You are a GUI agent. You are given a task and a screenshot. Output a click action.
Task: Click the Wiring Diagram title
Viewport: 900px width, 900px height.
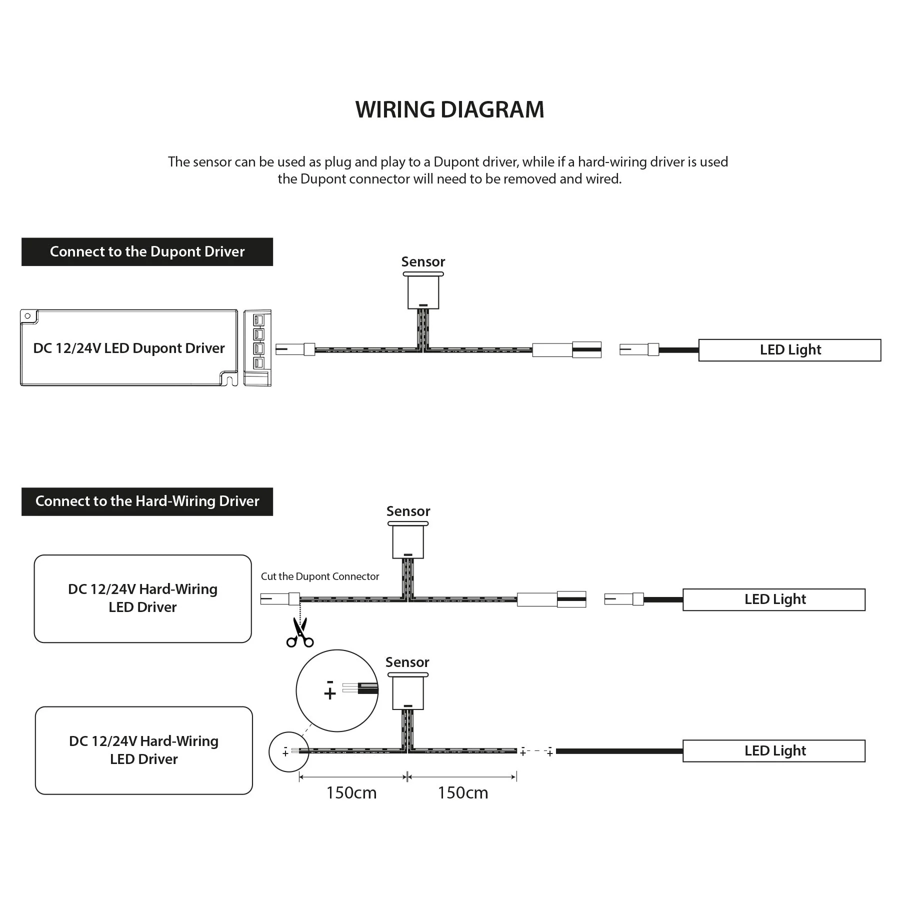pos(449,109)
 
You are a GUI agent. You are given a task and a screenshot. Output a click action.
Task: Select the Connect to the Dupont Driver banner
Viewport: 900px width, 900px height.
pos(147,251)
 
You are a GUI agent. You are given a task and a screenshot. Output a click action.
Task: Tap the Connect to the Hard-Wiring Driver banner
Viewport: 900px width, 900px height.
pos(147,501)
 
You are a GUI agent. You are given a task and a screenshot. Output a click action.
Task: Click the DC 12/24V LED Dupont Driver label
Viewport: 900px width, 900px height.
pos(129,348)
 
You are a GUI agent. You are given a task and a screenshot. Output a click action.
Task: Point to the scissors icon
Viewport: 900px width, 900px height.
pos(300,632)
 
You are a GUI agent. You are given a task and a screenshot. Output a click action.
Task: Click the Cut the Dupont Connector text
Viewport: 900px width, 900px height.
pos(320,576)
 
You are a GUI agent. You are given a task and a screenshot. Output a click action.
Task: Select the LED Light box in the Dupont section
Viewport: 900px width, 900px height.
pos(789,350)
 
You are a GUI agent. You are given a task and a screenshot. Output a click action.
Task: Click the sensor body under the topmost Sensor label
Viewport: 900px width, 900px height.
pos(423,292)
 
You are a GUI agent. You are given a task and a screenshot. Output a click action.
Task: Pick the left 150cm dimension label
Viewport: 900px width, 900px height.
pos(351,793)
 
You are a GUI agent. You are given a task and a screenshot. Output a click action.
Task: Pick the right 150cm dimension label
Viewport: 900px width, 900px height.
pos(463,793)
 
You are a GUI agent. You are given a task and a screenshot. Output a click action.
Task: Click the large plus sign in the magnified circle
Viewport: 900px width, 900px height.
pos(329,693)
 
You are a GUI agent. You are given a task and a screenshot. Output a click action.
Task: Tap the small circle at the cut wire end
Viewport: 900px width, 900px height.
pos(288,751)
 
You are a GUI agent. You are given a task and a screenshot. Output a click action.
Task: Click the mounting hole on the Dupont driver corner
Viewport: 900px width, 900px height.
pos(28,316)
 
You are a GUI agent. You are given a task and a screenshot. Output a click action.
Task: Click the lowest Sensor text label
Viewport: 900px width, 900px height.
pos(407,662)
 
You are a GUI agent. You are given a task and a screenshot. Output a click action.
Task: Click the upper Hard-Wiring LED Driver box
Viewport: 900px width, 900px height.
pos(142,598)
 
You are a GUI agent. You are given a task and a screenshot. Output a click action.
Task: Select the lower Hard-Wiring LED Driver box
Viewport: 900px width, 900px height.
pos(143,750)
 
